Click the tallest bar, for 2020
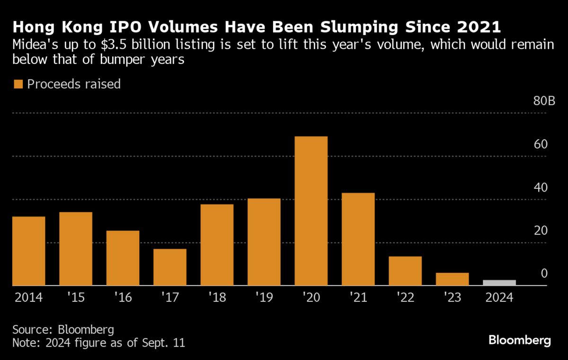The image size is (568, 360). (311, 211)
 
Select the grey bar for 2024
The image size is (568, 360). (499, 283)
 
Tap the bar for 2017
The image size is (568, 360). (169, 267)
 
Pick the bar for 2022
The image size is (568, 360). (405, 271)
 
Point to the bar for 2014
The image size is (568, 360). (28, 251)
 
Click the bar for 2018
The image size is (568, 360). (217, 245)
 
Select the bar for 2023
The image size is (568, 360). (452, 279)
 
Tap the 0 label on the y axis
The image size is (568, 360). (544, 273)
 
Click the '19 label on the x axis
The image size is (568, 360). (264, 298)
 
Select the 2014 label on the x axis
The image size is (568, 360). (28, 298)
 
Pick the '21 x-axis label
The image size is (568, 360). (358, 298)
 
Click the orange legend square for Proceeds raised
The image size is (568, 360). (18, 84)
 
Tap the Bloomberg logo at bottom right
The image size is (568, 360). (520, 340)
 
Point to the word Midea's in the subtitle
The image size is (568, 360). (35, 46)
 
